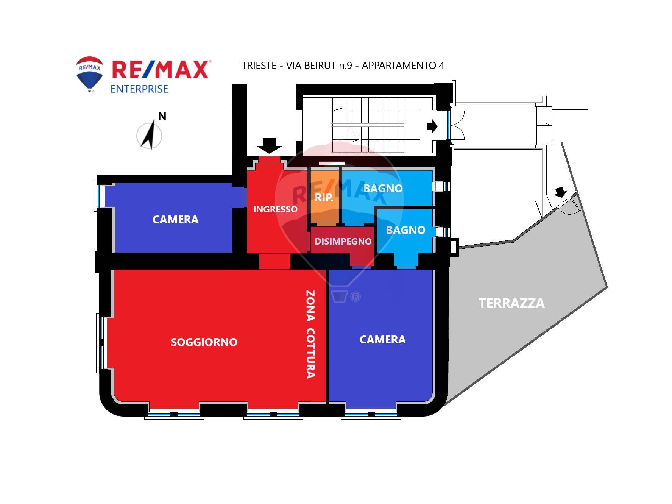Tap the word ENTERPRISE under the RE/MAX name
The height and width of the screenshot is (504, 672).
pyautogui.click(x=139, y=89)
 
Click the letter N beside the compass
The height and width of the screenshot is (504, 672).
pyautogui.click(x=162, y=116)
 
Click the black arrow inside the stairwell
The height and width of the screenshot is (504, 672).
pyautogui.click(x=432, y=126)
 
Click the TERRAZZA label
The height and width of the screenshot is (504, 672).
pyautogui.click(x=511, y=303)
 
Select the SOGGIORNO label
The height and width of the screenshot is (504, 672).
pyautogui.click(x=204, y=342)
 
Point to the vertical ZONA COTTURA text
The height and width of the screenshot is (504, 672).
pyautogui.click(x=310, y=334)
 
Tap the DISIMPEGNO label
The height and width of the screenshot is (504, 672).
pyautogui.click(x=343, y=242)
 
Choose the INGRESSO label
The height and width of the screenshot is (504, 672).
pyautogui.click(x=275, y=209)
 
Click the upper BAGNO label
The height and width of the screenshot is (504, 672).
pyautogui.click(x=383, y=189)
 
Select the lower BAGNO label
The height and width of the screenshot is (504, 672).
pyautogui.click(x=405, y=230)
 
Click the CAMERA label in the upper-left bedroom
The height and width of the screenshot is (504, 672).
pyautogui.click(x=175, y=220)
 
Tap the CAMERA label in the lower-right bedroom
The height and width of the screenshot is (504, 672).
pyautogui.click(x=382, y=340)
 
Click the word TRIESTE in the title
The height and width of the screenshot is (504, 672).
pyautogui.click(x=259, y=66)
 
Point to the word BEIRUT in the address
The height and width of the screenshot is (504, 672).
pyautogui.click(x=318, y=66)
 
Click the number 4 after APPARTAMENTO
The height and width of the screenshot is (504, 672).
pyautogui.click(x=441, y=66)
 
